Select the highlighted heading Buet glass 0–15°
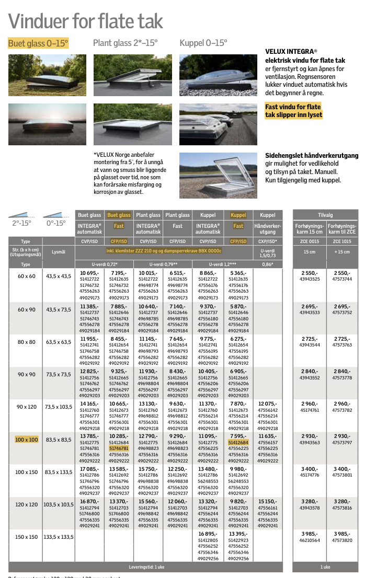point(38,43)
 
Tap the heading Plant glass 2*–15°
point(124,43)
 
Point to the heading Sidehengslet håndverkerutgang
point(312,156)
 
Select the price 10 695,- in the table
point(89,273)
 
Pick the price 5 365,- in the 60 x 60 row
point(238,273)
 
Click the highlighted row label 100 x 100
point(27,440)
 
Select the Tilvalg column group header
point(325,215)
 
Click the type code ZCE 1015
point(342,241)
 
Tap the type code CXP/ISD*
point(267,241)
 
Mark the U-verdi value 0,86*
point(267,264)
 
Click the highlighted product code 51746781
point(119,448)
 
